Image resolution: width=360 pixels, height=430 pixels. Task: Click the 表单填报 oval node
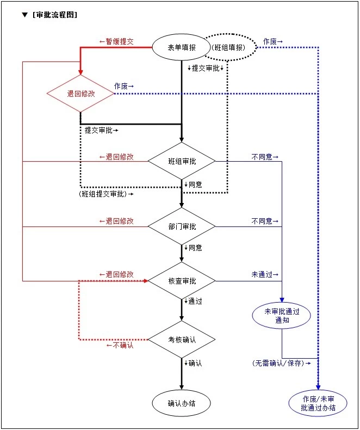tap(182, 47)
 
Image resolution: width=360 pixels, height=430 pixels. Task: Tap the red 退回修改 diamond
tap(80, 94)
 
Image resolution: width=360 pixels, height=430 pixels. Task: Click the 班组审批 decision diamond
tap(182, 161)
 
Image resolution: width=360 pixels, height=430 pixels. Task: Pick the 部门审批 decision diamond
tap(182, 226)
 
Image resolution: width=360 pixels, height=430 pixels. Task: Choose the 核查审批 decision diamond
tap(182, 281)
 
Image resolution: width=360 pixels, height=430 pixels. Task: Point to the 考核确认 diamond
tap(182, 340)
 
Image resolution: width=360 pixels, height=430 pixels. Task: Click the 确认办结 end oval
tap(182, 403)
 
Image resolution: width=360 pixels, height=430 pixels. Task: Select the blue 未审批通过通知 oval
tap(282, 316)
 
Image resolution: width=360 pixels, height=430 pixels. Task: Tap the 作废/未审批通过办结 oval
tap(318, 403)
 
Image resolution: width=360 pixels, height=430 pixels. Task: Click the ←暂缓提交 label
tap(116, 41)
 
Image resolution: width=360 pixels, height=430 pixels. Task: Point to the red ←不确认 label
tap(120, 345)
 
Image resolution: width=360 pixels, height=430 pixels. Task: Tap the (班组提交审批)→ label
tap(105, 194)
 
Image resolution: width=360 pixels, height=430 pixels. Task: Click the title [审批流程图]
tap(54, 15)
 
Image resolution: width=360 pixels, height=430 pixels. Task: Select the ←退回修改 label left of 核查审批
tap(116, 274)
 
